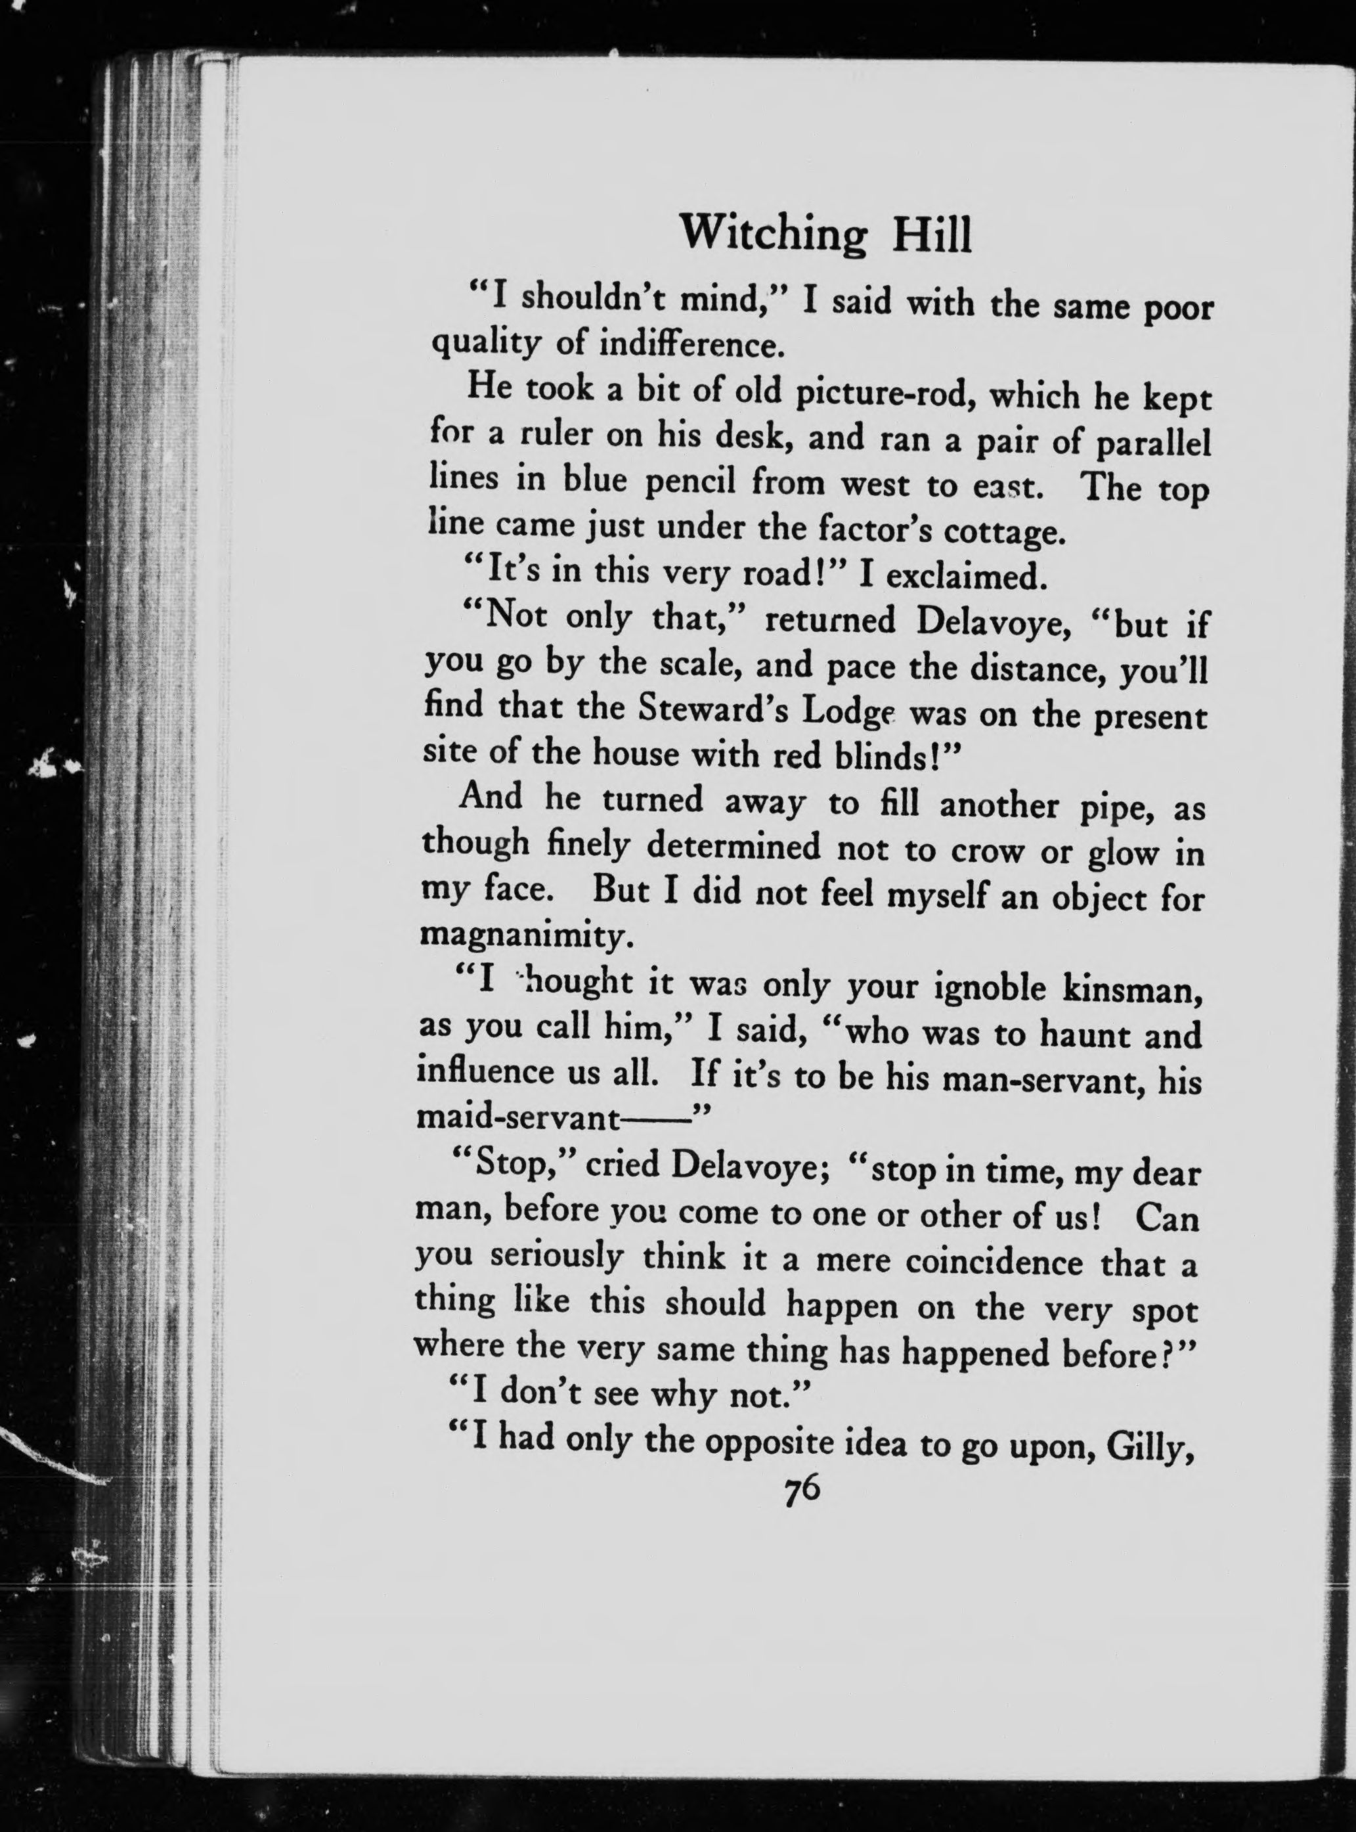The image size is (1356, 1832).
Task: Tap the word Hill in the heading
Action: (x=931, y=236)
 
